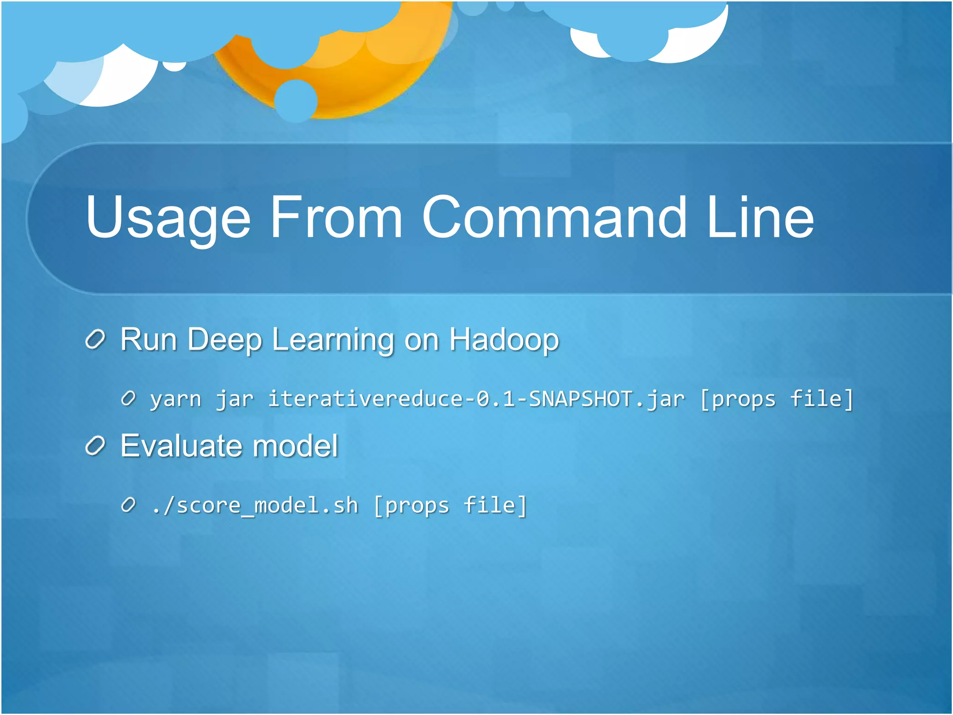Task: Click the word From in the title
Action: tap(336, 218)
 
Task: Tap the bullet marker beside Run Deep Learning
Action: tap(96, 340)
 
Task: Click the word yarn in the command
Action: tap(175, 399)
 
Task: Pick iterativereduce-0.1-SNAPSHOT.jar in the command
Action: tap(476, 399)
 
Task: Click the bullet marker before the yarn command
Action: tap(128, 399)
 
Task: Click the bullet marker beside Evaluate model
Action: tap(96, 446)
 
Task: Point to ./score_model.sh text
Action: tap(255, 506)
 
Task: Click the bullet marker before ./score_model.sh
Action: tap(128, 505)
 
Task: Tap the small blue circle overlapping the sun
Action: tap(296, 101)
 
